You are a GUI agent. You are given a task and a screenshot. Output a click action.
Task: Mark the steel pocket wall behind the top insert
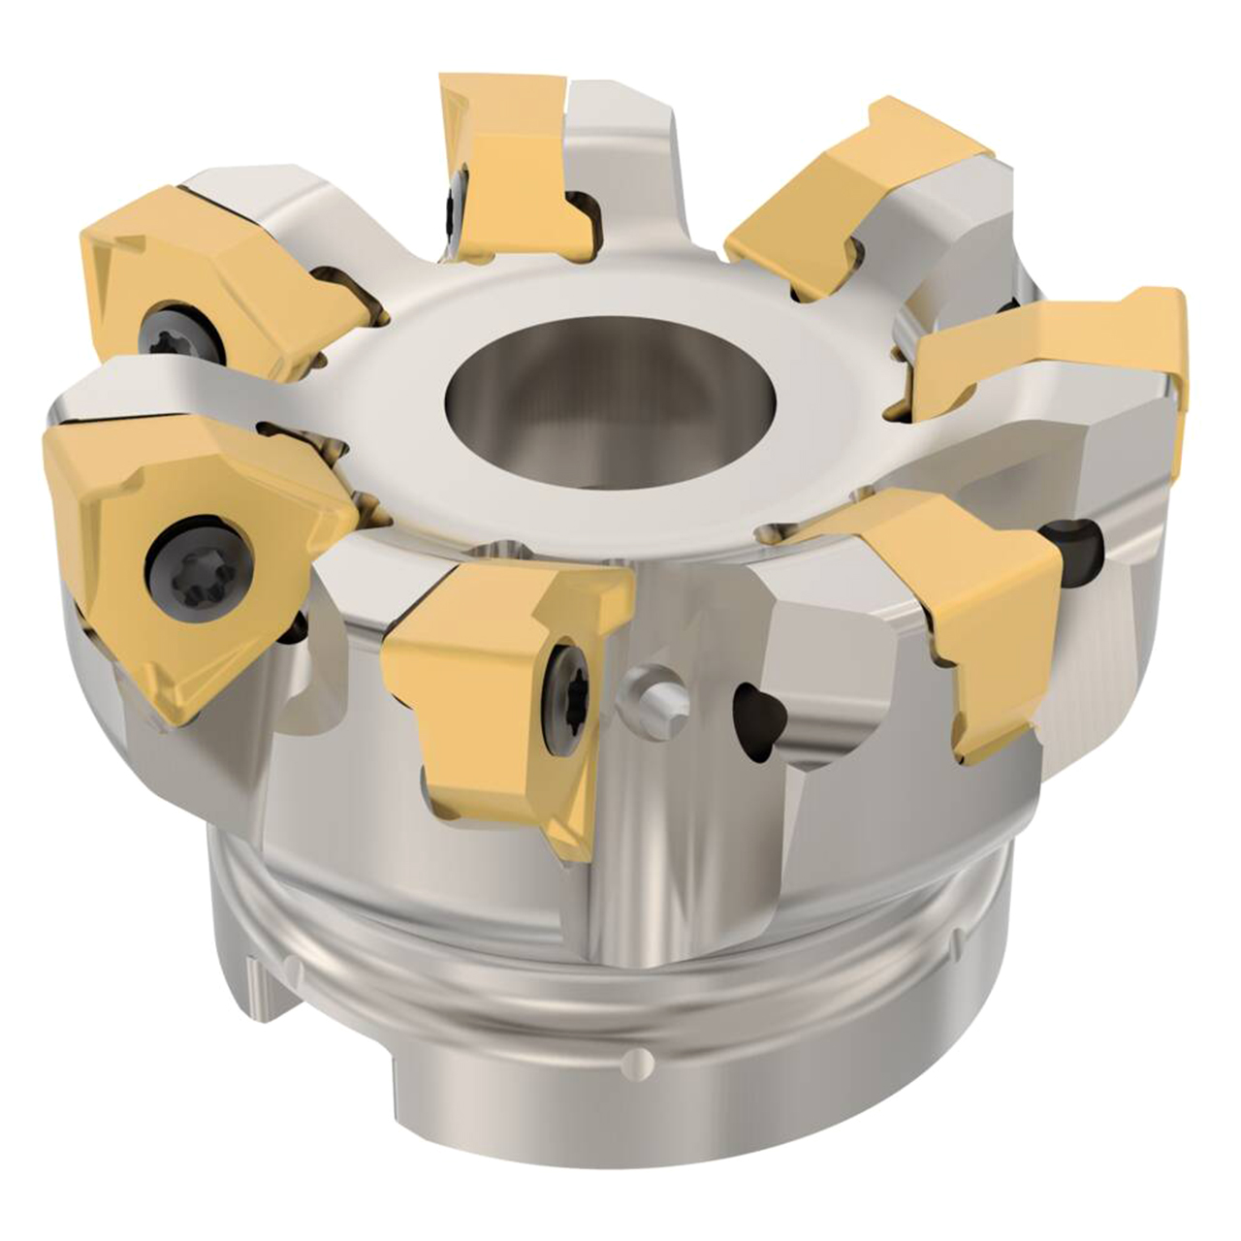click(620, 155)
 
